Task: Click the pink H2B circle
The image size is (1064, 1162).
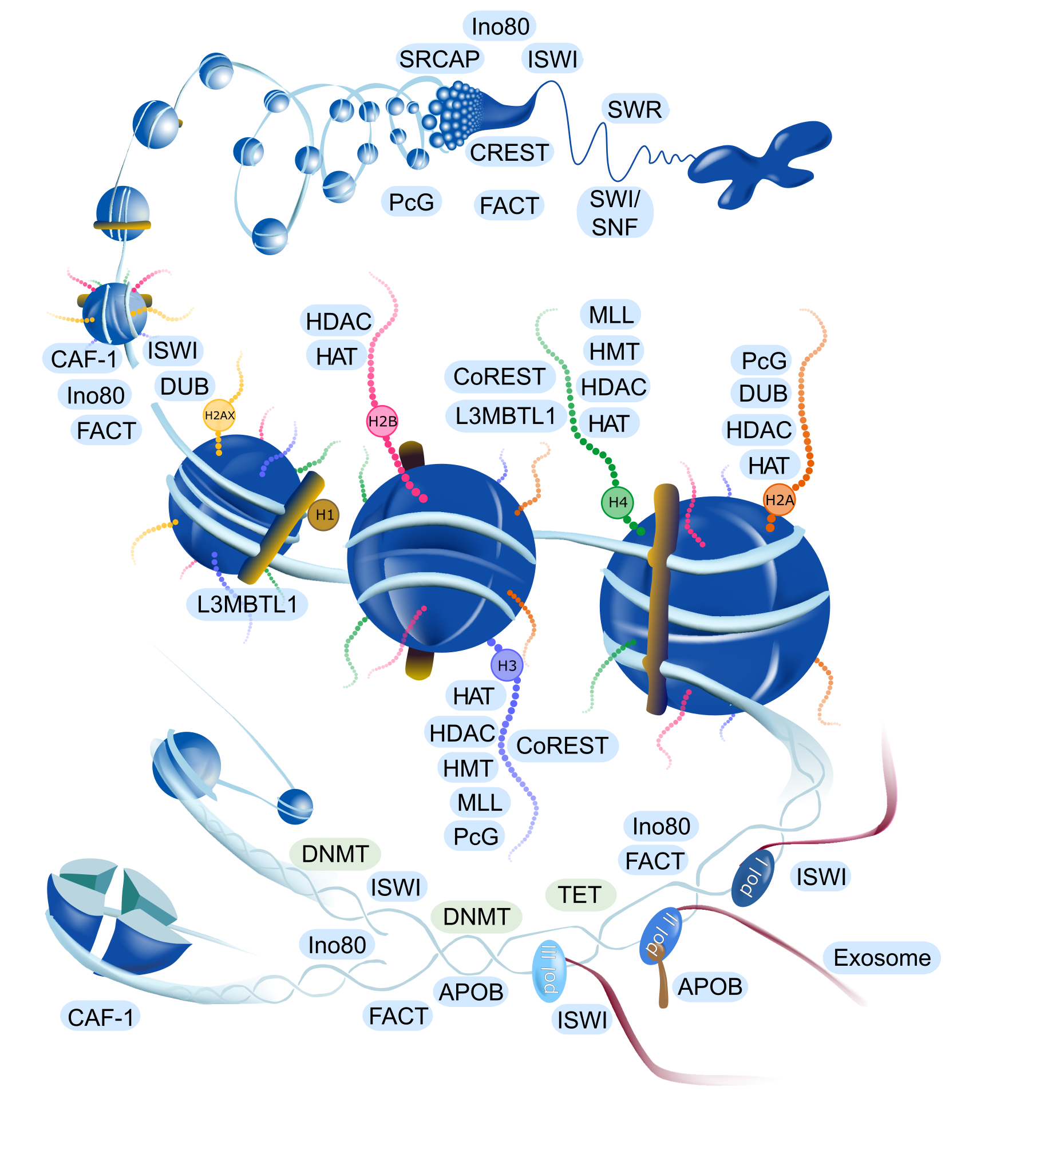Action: tap(382, 421)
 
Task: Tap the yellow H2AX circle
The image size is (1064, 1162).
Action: tap(219, 415)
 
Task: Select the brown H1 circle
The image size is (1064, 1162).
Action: tap(324, 514)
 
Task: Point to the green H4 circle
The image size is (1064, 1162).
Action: tap(618, 502)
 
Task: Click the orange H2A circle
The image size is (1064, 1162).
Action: tap(780, 499)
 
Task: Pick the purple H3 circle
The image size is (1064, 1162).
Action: tap(507, 665)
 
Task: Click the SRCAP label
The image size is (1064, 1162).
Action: tap(440, 59)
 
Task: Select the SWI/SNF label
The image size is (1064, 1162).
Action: tap(615, 213)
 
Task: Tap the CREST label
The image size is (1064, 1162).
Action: tap(509, 152)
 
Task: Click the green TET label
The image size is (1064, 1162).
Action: tap(580, 895)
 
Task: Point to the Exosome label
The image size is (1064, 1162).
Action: tap(882, 957)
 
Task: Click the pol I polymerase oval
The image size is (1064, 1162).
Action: tap(753, 877)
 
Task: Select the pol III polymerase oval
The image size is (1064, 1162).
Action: tap(549, 971)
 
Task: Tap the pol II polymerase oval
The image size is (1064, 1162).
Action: tap(661, 937)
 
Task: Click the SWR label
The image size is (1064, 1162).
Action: tap(634, 109)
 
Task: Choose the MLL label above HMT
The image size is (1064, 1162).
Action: tap(611, 315)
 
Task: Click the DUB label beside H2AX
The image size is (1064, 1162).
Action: tap(184, 386)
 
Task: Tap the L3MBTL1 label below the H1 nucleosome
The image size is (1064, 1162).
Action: tap(247, 604)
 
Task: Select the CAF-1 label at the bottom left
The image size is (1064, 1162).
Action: tap(100, 1017)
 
